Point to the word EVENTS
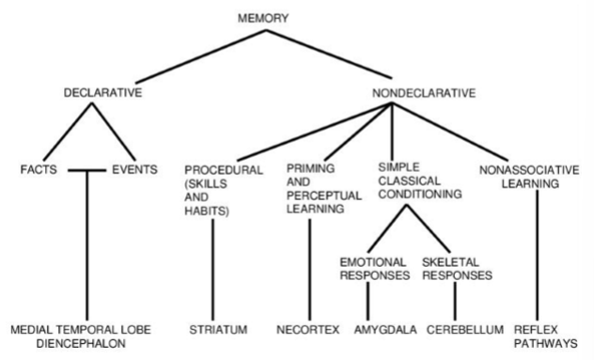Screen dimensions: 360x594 (x=133, y=170)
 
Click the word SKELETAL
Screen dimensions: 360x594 (x=446, y=260)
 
